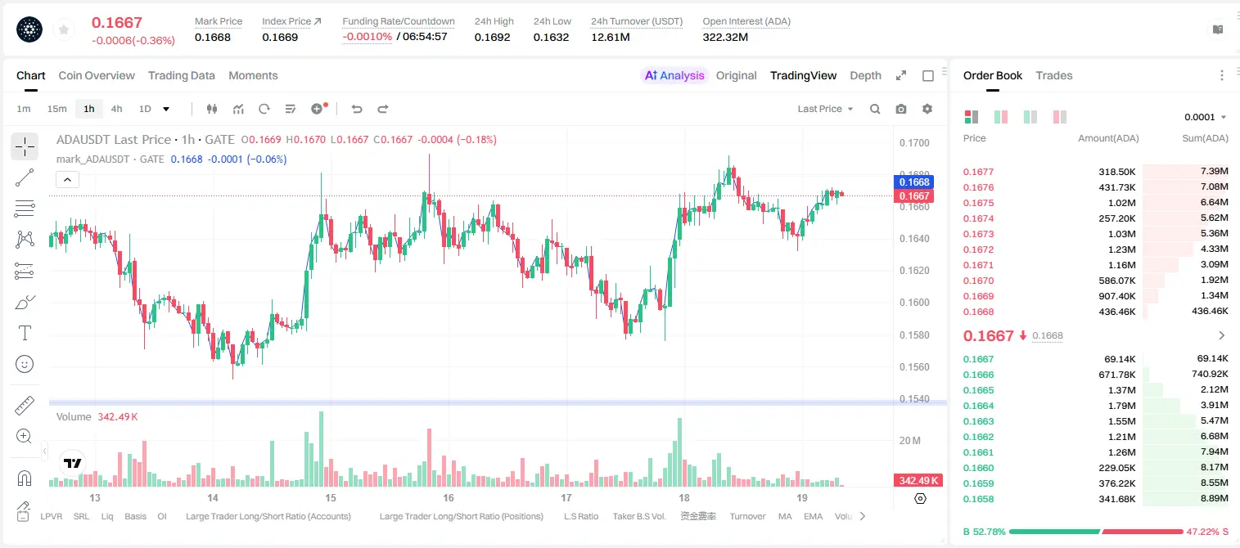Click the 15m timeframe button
[57, 109]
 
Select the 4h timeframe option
[116, 109]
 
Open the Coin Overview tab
[97, 76]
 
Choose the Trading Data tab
[182, 76]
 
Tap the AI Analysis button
[674, 76]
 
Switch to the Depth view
[865, 76]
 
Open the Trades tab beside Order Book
[1054, 76]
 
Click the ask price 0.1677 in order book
[978, 172]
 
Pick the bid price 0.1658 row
[978, 499]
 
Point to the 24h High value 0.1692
[492, 37]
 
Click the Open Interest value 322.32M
[725, 37]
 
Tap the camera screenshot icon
[901, 109]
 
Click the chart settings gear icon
[927, 109]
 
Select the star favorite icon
[64, 30]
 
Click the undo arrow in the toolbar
[357, 109]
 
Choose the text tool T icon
[25, 333]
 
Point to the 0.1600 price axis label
[914, 303]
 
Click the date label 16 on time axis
[448, 497]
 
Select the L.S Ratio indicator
[580, 516]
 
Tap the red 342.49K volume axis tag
[918, 481]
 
